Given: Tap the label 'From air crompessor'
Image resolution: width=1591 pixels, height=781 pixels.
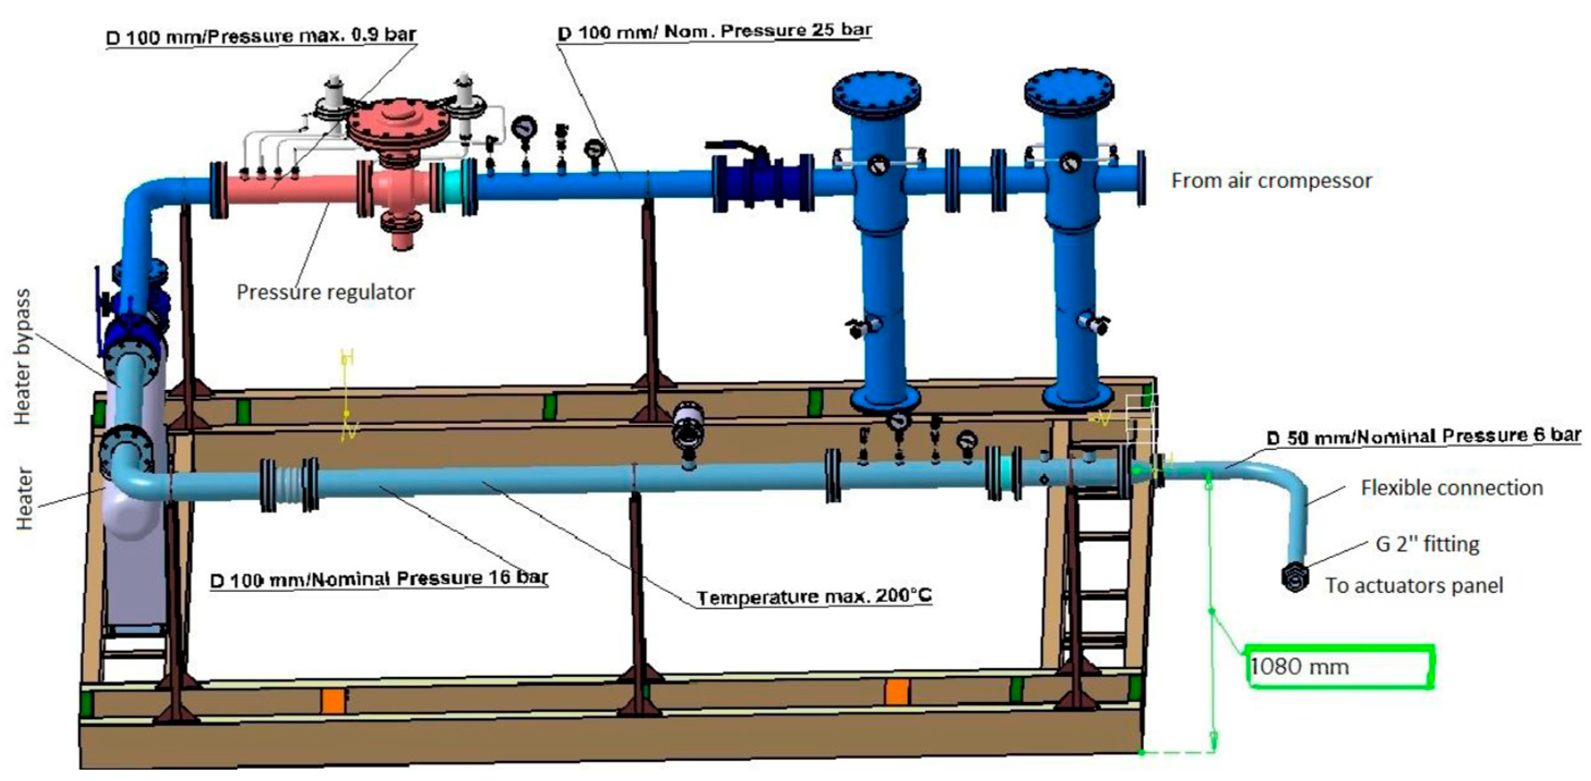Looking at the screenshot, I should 1271,181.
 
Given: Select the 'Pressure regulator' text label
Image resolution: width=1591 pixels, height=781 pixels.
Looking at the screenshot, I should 325,292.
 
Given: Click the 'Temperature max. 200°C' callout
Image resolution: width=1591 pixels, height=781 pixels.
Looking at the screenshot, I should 814,597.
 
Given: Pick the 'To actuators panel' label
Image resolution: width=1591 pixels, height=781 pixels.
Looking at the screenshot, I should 1414,585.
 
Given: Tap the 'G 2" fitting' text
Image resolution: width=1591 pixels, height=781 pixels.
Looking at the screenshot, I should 1427,544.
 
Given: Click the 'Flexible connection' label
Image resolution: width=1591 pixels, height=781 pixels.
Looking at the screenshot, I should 1451,488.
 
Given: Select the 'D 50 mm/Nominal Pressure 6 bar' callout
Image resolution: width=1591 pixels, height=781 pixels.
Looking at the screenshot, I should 1423,436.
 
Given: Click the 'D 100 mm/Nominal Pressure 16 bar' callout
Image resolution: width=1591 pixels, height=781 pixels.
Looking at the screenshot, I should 379,579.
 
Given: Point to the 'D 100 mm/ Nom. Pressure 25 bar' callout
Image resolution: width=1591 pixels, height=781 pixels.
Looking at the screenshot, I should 714,31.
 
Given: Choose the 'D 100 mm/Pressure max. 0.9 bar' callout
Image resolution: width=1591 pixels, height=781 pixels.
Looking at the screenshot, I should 261,36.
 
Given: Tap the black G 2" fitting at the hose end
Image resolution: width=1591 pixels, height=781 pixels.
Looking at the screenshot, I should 1295,576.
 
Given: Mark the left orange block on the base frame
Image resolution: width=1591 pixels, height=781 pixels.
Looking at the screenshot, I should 332,701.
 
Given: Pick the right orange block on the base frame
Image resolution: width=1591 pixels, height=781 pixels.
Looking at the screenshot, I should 896,692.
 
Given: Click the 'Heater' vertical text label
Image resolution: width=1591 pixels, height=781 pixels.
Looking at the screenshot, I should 23,498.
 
